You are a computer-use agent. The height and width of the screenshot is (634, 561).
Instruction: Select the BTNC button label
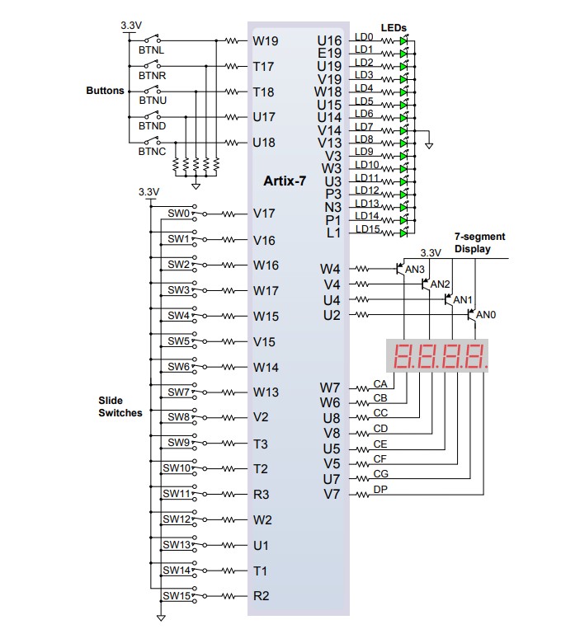pos(152,152)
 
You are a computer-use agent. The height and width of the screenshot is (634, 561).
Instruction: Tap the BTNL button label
pos(151,50)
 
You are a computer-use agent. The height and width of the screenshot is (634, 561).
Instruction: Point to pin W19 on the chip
pos(265,40)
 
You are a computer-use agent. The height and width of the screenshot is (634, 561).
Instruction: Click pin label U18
pos(264,142)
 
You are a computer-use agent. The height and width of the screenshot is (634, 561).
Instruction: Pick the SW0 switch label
pos(178,214)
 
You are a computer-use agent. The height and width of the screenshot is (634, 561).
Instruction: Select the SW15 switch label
pos(177,595)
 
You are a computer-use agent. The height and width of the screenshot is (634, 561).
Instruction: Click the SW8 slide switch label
pos(178,417)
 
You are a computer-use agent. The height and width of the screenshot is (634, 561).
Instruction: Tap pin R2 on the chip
pos(261,596)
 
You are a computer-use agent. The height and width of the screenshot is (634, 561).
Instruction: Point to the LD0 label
pos(363,37)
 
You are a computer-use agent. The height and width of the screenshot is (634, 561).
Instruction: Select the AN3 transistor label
pos(415,270)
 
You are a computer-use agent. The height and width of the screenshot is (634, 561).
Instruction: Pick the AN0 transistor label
pos(487,315)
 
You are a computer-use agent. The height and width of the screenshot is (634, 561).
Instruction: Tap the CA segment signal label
pos(379,383)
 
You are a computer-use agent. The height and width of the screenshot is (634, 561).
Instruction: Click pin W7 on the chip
pos(330,387)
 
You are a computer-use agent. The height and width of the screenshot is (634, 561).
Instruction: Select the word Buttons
pos(105,91)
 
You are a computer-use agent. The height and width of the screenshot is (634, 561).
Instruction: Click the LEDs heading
pos(394,28)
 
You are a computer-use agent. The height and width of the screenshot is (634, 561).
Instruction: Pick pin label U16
pos(329,40)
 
